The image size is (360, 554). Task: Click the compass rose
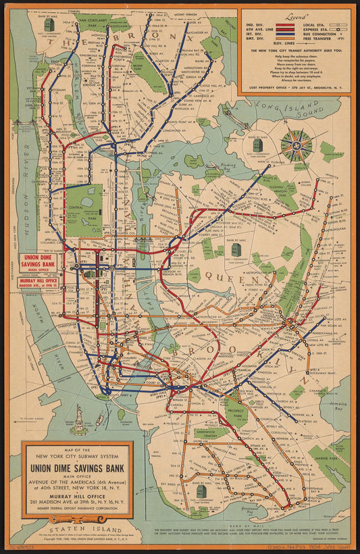coord(296,145)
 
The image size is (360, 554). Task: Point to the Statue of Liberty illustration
coord(78,414)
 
